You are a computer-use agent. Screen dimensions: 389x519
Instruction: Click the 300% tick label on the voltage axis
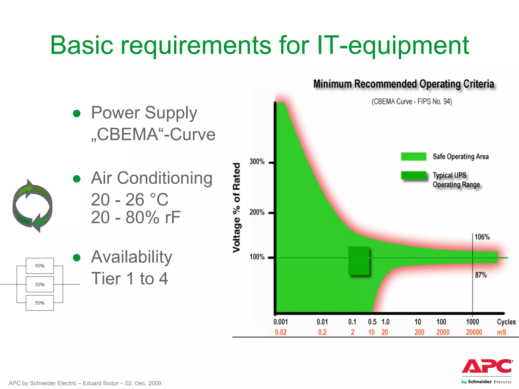click(x=257, y=162)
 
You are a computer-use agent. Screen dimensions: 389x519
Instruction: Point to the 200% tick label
click(x=257, y=212)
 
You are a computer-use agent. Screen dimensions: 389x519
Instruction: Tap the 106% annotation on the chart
click(x=482, y=237)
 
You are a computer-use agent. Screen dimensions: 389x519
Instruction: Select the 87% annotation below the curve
click(x=481, y=275)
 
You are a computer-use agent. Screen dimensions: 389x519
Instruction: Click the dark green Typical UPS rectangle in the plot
click(x=359, y=261)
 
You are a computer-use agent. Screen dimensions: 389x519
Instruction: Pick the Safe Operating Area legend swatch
click(x=413, y=157)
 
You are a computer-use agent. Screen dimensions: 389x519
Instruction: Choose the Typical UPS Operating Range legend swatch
click(x=413, y=175)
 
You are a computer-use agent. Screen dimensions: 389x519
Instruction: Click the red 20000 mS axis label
click(x=474, y=332)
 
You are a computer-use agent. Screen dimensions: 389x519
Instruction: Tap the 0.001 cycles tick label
click(x=281, y=322)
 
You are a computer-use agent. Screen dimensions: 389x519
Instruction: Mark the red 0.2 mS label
click(x=322, y=332)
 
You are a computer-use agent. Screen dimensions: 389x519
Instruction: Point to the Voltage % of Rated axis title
click(x=236, y=208)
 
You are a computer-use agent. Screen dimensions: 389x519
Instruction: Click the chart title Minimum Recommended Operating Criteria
click(x=403, y=84)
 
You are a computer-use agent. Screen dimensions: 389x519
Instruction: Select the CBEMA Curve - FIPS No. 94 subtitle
click(x=412, y=102)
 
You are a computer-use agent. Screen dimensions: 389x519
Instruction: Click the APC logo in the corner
click(x=487, y=366)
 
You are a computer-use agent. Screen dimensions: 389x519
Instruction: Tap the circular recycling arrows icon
click(x=32, y=206)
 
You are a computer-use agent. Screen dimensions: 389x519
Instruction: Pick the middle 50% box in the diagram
click(x=40, y=284)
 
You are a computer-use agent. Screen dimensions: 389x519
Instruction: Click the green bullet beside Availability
click(x=77, y=258)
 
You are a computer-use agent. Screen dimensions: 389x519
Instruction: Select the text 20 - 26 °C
click(x=129, y=200)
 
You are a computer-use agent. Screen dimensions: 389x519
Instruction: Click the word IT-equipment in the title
click(x=393, y=45)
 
